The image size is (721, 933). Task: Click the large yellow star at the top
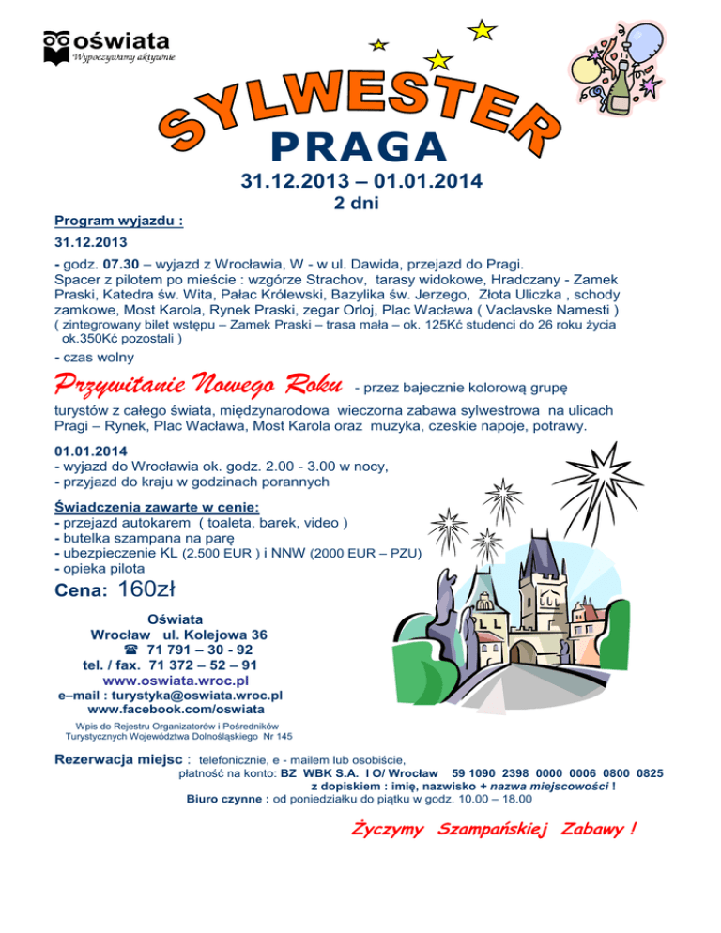tap(482, 30)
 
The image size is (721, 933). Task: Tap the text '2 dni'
tap(358, 203)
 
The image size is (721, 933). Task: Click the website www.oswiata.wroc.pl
tap(175, 680)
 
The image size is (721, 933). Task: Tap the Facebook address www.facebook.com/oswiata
tap(175, 711)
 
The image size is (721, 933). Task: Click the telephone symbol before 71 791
tap(130, 650)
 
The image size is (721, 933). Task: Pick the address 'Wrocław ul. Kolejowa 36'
tap(178, 635)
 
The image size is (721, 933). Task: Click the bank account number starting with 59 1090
tap(563, 773)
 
